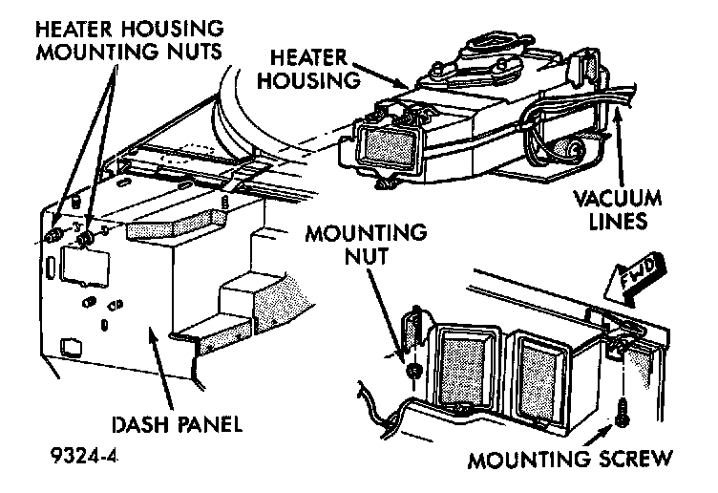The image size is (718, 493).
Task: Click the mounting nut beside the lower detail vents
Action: pyautogui.click(x=412, y=370)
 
